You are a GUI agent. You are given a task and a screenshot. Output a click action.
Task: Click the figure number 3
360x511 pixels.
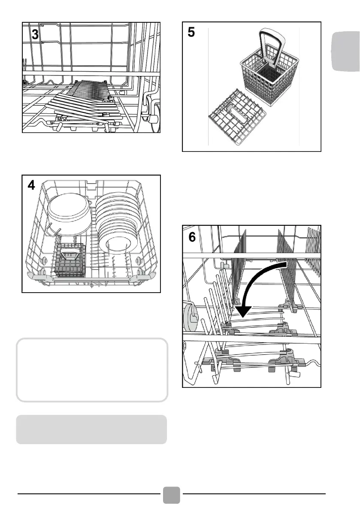(35, 35)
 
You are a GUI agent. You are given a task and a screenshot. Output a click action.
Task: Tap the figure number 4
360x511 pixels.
(31, 185)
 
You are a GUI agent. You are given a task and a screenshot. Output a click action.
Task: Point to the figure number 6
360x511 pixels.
(192, 236)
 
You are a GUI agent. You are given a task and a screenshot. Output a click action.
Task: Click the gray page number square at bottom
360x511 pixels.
(172, 495)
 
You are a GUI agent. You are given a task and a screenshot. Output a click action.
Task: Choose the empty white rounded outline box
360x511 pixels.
(91, 370)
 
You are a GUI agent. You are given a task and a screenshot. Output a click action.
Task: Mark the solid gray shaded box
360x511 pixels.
(91, 429)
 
